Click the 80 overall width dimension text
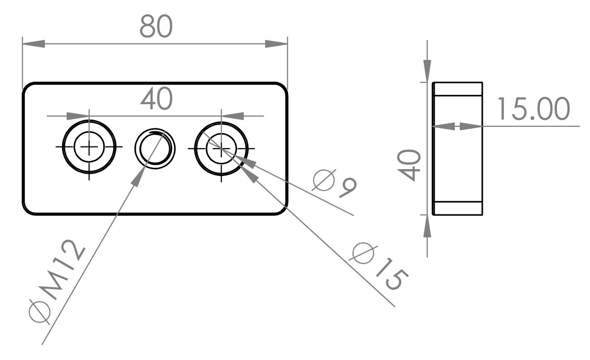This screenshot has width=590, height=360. (156, 26)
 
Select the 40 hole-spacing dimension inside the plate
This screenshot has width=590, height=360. (156, 99)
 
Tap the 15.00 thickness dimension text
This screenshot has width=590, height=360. (533, 109)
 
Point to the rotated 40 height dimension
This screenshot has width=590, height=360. (409, 165)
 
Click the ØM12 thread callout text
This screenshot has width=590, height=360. (57, 282)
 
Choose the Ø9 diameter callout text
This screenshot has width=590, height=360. (334, 183)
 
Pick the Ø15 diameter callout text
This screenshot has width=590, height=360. (379, 266)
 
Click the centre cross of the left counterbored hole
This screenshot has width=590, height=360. (89, 147)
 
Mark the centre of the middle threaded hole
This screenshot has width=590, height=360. (155, 149)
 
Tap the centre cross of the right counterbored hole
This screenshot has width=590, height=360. (221, 149)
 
